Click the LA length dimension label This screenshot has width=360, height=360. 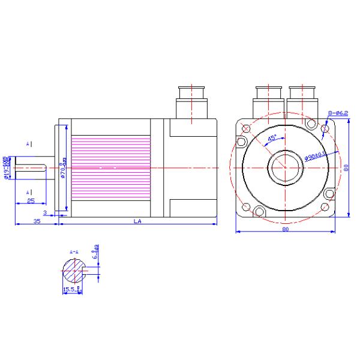pos(137,221)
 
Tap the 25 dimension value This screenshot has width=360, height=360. pos(30,201)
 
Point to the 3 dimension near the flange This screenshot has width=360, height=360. pos(46,212)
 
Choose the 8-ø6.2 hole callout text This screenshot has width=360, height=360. pos(337,113)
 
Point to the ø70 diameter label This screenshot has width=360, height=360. pos(64,170)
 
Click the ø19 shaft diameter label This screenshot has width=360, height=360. pos(7,168)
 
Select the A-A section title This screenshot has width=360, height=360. pos(74,252)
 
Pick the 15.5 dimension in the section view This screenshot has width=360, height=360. pos(71,289)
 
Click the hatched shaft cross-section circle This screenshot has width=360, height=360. pos(74,272)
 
